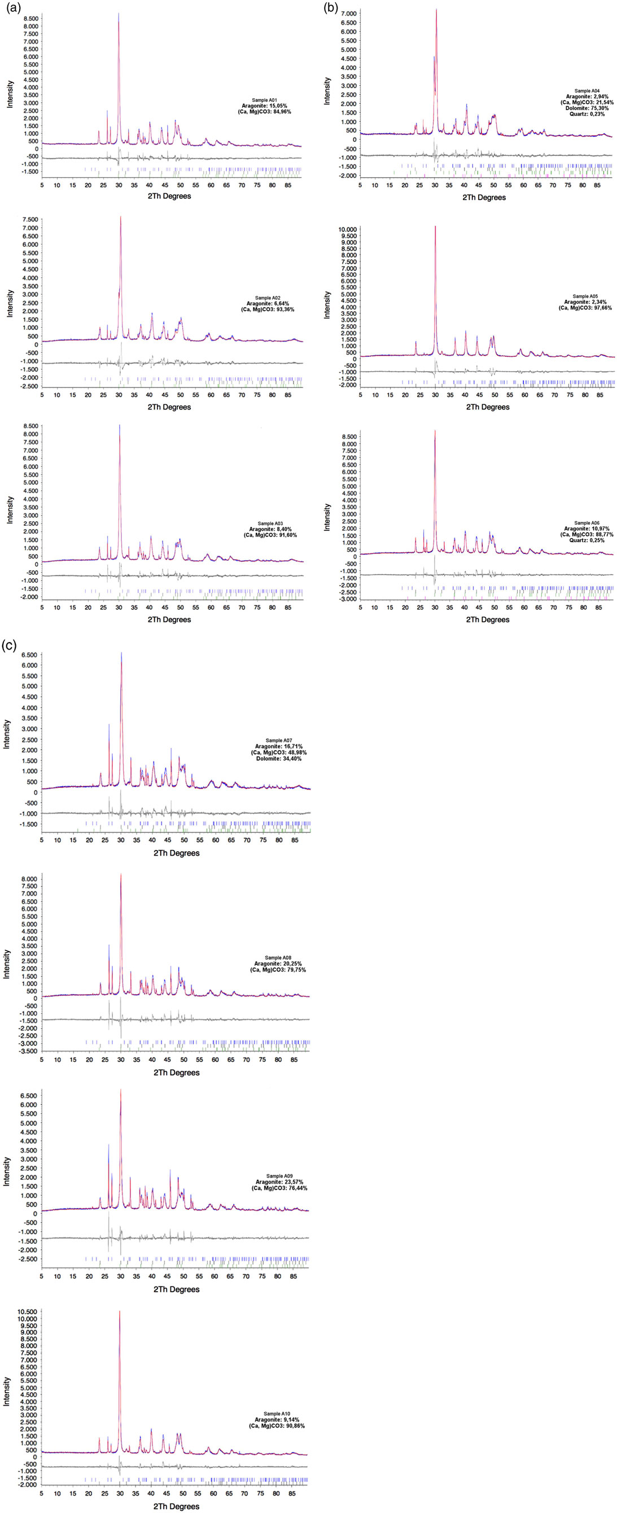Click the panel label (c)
tap(9, 646)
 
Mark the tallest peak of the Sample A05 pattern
tap(435, 226)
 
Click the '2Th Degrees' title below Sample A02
tap(169, 407)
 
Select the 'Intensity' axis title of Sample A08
tap(7, 964)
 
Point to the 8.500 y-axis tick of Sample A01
tap(29, 19)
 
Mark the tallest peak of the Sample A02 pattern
tap(120, 217)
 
